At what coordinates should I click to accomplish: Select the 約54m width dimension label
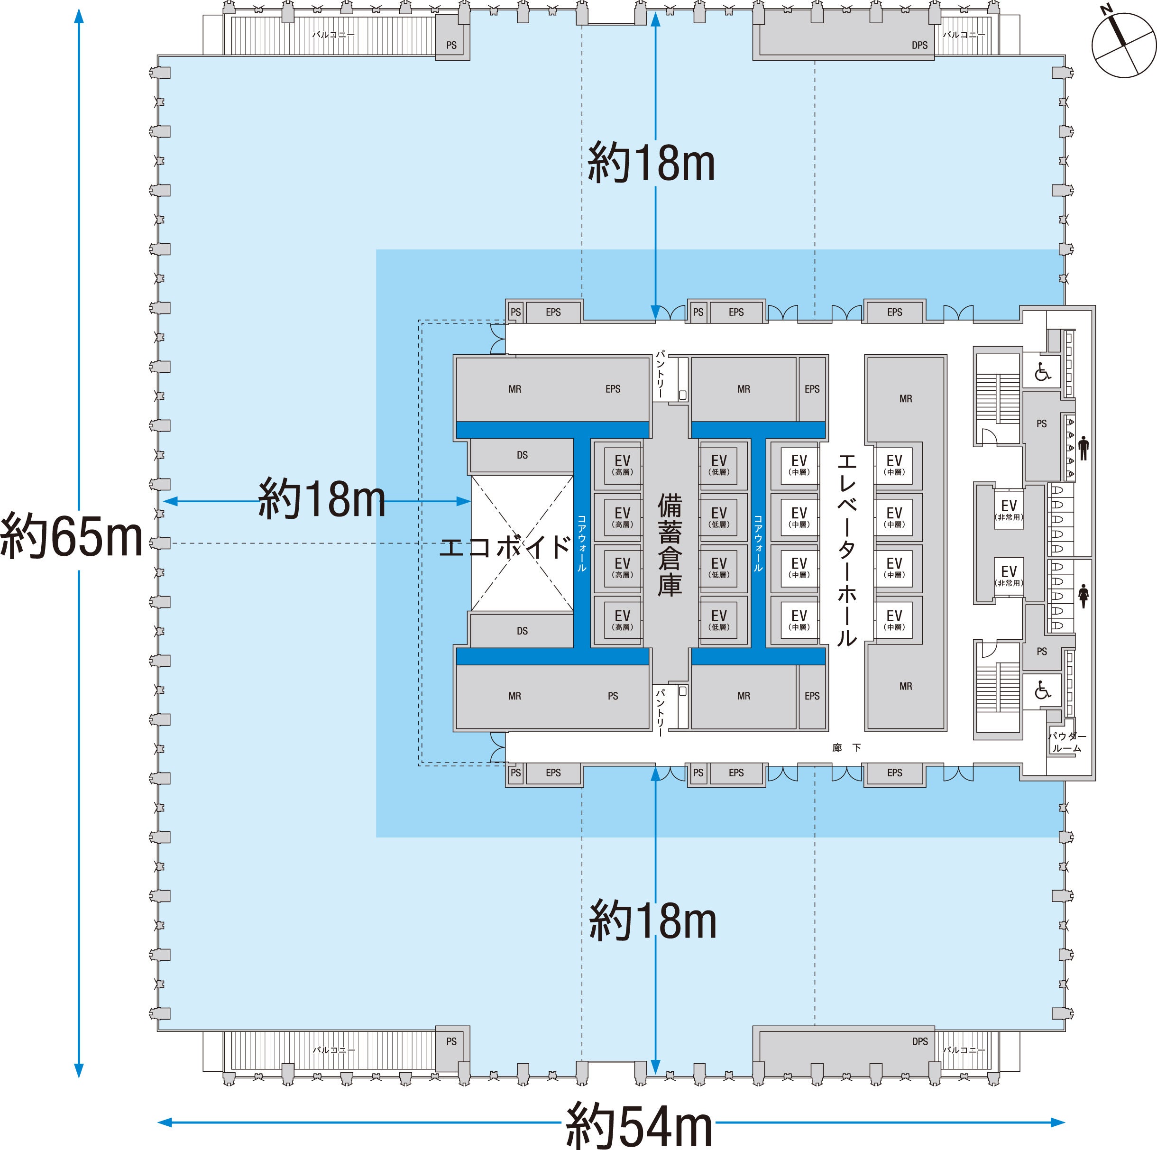(640, 1125)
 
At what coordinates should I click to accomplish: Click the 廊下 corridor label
(847, 747)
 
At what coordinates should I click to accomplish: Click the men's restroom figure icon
(1083, 448)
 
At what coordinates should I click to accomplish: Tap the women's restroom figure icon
(1083, 595)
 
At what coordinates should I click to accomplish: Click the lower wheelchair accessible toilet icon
(1043, 690)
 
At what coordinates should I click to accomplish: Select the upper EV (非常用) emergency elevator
(1009, 509)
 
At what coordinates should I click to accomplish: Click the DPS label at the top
(919, 45)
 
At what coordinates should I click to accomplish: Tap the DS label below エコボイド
(522, 631)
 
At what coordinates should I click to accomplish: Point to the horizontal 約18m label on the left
(321, 498)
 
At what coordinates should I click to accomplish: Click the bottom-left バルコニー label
(333, 1050)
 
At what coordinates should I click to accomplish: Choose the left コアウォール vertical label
(581, 543)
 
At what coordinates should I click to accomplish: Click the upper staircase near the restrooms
(998, 398)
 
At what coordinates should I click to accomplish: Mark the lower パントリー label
(661, 712)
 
